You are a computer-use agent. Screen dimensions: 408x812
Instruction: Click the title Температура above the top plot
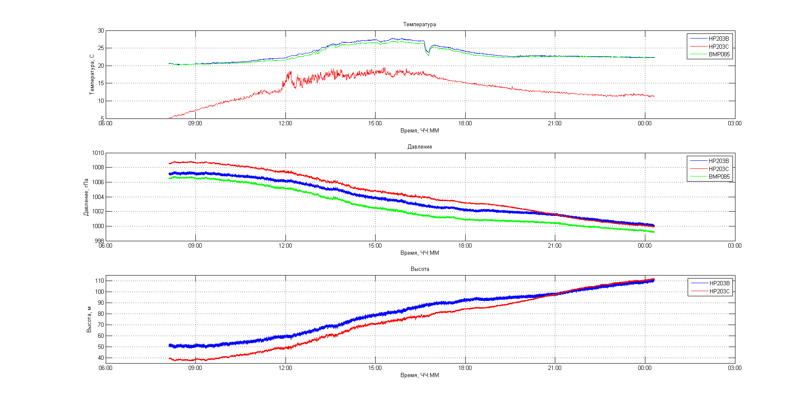click(x=419, y=25)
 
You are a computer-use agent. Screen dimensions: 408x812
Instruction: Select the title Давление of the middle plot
click(x=420, y=147)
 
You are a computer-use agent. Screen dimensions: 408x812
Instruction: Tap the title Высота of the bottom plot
click(x=420, y=269)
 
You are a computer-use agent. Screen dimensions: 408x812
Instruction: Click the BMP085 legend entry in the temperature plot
click(x=719, y=54)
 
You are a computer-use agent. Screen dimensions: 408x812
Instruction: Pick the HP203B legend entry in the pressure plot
click(x=719, y=161)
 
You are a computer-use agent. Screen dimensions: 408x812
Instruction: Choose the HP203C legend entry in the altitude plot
click(x=719, y=291)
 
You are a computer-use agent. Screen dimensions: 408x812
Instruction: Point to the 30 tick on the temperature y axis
click(x=101, y=31)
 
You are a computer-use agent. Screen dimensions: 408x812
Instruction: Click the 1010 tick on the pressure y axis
click(x=98, y=153)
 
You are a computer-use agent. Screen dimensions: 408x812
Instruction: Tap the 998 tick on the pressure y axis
click(x=99, y=241)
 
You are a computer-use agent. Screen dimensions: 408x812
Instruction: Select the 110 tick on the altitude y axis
click(x=99, y=281)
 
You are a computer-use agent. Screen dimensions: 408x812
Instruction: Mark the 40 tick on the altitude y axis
click(x=101, y=358)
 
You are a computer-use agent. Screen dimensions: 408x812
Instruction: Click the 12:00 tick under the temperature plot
click(x=285, y=124)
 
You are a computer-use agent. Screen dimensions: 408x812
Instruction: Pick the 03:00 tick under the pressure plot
click(x=735, y=246)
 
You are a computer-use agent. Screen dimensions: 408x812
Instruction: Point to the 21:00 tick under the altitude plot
click(x=554, y=368)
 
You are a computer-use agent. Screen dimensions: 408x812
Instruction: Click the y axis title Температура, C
click(x=92, y=74)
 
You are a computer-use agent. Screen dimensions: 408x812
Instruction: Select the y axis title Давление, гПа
click(x=86, y=197)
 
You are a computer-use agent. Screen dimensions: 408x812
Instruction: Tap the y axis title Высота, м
click(x=89, y=319)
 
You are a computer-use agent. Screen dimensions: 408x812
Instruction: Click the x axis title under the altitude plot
click(x=420, y=375)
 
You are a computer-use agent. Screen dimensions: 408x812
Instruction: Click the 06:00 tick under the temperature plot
click(x=106, y=124)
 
